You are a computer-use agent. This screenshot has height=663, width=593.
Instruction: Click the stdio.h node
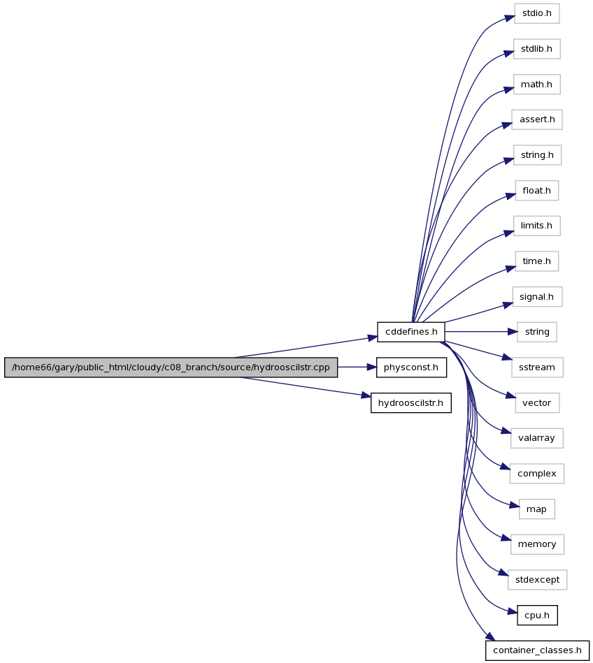point(536,13)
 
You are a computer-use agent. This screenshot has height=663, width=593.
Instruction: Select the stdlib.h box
point(536,49)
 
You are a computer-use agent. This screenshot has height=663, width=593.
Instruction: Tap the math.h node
point(536,85)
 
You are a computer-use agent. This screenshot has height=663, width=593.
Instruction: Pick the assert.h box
point(536,119)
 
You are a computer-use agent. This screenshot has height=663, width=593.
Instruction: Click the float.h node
point(536,191)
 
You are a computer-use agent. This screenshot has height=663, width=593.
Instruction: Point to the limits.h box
point(536,226)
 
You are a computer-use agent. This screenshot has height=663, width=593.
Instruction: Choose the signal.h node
point(536,297)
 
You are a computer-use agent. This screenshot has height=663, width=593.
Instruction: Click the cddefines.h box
point(411,332)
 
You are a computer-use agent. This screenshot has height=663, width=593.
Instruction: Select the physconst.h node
point(411,367)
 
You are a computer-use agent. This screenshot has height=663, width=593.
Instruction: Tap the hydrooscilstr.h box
point(411,403)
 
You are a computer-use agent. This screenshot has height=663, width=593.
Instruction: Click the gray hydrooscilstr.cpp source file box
point(171,367)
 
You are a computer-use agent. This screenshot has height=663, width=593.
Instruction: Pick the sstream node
point(536,367)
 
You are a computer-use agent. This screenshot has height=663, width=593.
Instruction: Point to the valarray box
point(536,438)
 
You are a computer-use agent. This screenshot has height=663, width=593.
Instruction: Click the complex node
point(536,474)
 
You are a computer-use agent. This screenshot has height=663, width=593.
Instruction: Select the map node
point(536,509)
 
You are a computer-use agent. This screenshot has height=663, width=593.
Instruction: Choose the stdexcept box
point(537,580)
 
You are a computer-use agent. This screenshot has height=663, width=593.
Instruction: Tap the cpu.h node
point(537,615)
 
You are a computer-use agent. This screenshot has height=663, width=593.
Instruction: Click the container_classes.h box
point(537,650)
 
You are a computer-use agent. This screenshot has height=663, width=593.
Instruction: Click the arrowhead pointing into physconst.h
point(371,367)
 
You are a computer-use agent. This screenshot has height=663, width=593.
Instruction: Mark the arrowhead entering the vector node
point(511,397)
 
